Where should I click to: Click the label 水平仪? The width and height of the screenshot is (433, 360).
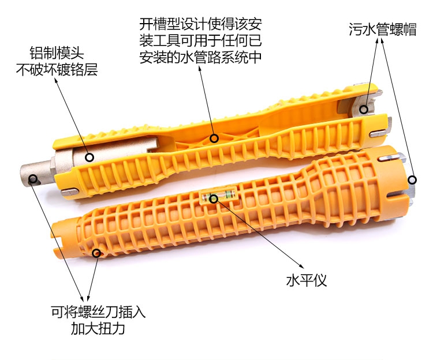point(306,280)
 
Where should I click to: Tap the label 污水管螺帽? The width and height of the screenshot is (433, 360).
point(383,29)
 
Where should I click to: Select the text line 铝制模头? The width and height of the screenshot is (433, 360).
point(57,53)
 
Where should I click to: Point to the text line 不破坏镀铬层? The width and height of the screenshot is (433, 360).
point(57,70)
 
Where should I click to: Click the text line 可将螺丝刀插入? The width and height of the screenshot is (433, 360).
point(98,312)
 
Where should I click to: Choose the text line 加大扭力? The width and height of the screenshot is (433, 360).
point(98,328)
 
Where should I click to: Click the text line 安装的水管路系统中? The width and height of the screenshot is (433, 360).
point(200,57)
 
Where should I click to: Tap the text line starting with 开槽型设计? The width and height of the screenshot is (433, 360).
point(200,24)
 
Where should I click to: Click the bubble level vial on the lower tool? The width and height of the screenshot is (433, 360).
point(219,196)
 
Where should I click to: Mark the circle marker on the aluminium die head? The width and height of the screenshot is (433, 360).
point(89,157)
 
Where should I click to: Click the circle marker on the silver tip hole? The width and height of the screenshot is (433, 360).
point(33,179)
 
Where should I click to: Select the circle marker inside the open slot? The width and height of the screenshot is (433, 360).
point(214,138)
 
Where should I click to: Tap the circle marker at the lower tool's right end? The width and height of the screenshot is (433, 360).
point(412,180)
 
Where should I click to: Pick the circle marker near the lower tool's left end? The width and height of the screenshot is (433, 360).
point(96,253)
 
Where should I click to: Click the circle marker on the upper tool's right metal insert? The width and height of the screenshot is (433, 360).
point(364,110)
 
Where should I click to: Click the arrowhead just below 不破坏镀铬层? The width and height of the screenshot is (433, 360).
point(56,80)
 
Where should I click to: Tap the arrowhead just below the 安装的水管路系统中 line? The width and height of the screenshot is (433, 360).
point(200,68)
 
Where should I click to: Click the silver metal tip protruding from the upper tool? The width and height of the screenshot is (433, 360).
point(38,175)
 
